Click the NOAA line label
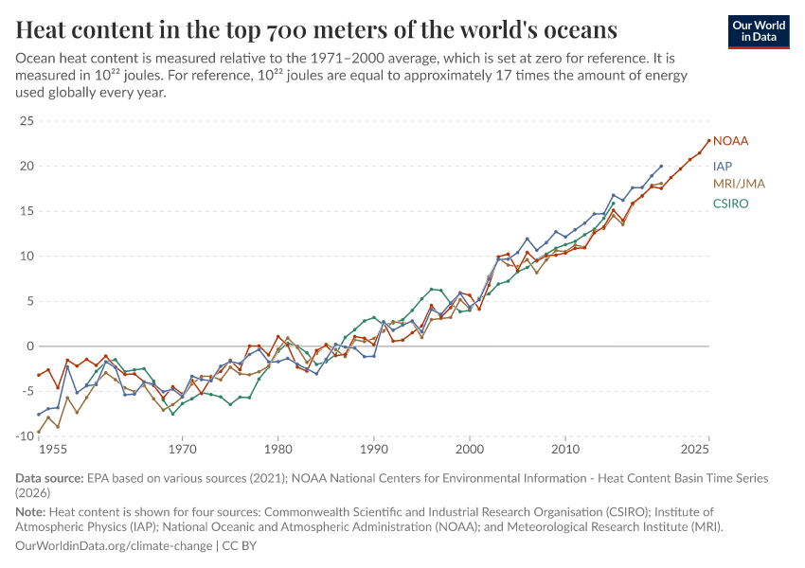pyautogui.click(x=730, y=141)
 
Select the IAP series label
pyautogui.click(x=722, y=166)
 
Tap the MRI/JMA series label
pyautogui.click(x=739, y=183)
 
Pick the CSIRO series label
pyautogui.click(x=730, y=204)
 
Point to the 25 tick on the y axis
pyautogui.click(x=26, y=121)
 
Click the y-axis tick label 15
pyautogui.click(x=26, y=211)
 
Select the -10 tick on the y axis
pyautogui.click(x=23, y=436)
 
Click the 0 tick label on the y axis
pyautogui.click(x=28, y=346)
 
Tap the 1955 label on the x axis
pyautogui.click(x=52, y=450)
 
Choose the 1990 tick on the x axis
pyautogui.click(x=374, y=450)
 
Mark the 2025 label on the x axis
pyautogui.click(x=694, y=450)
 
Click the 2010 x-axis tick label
pyautogui.click(x=565, y=450)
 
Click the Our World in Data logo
pyautogui.click(x=759, y=31)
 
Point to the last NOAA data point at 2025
pyautogui.click(x=708, y=140)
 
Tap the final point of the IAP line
pyautogui.click(x=661, y=166)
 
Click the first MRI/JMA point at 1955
pyautogui.click(x=39, y=432)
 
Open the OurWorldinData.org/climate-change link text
pyautogui.click(x=115, y=546)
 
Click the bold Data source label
pyautogui.click(x=50, y=478)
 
